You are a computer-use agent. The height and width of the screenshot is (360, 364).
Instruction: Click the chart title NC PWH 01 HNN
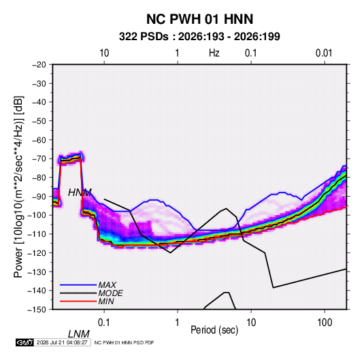point(199,19)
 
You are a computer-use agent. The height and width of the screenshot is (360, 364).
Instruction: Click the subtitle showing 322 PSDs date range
point(199,37)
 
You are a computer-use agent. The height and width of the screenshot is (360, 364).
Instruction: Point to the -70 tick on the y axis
point(39,159)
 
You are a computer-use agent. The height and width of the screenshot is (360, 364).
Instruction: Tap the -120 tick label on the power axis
point(37,253)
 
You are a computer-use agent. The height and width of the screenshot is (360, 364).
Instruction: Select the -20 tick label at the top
point(39,65)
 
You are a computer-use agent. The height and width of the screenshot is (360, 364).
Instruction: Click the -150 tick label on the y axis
point(37,310)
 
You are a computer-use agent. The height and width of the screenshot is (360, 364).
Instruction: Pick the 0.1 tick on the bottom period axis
point(104,323)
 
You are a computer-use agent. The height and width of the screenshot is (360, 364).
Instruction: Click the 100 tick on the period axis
point(325,323)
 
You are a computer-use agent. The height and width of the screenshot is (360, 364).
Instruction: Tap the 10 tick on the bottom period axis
point(251,323)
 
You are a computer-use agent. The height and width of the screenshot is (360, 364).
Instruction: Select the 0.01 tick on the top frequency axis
point(324,53)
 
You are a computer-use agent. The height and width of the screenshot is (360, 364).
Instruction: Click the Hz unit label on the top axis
point(214,53)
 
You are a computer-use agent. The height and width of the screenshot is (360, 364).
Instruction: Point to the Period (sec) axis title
point(214,330)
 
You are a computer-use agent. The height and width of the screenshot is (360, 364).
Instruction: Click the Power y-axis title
point(18,186)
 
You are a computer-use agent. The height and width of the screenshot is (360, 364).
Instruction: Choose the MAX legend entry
point(107,285)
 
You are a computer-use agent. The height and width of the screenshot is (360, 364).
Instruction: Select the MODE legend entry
point(110,293)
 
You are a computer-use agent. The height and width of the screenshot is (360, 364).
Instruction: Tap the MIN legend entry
point(106,301)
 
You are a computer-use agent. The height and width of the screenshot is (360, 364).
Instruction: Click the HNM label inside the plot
point(80,193)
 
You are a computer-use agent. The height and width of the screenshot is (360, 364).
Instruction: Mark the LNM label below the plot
point(79,334)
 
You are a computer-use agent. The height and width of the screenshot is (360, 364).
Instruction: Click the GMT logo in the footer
point(25,342)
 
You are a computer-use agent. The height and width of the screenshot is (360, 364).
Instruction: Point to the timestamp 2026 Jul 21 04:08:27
point(62,342)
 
